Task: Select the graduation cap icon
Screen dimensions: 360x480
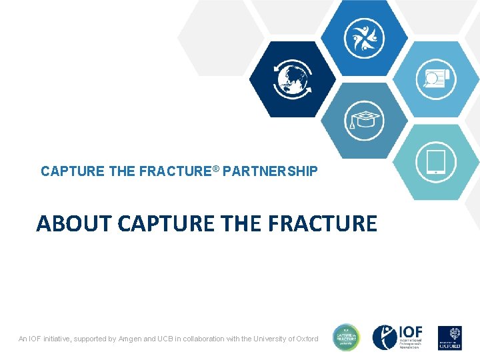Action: pos(363,120)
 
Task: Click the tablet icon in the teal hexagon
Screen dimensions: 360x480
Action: pos(435,162)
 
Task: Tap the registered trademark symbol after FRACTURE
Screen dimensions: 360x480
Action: pos(216,169)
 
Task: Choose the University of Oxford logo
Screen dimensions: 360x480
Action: pos(449,338)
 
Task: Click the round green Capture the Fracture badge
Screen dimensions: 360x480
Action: pos(346,338)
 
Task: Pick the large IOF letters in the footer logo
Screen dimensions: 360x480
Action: pos(410,333)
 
